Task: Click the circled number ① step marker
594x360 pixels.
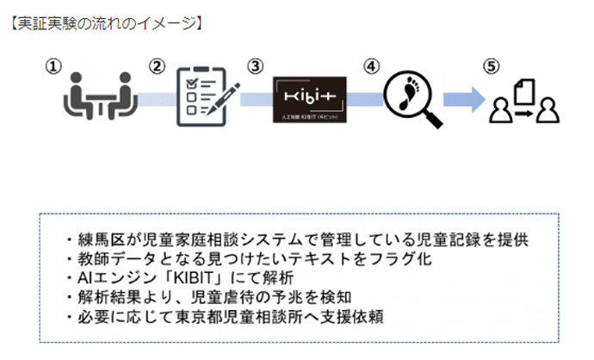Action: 54,65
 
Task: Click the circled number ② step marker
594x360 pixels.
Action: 157,65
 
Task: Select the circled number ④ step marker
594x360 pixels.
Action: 371,65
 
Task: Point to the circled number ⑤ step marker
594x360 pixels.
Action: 490,65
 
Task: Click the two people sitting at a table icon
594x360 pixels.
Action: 100,96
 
